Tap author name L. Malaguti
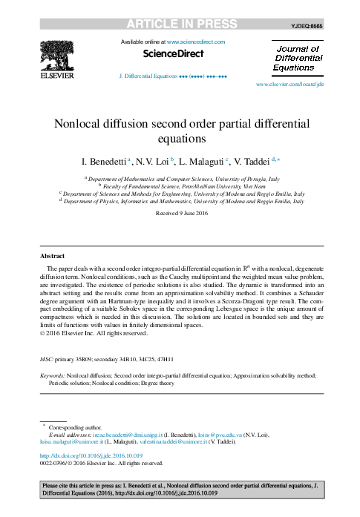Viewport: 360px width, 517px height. coord(201,160)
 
